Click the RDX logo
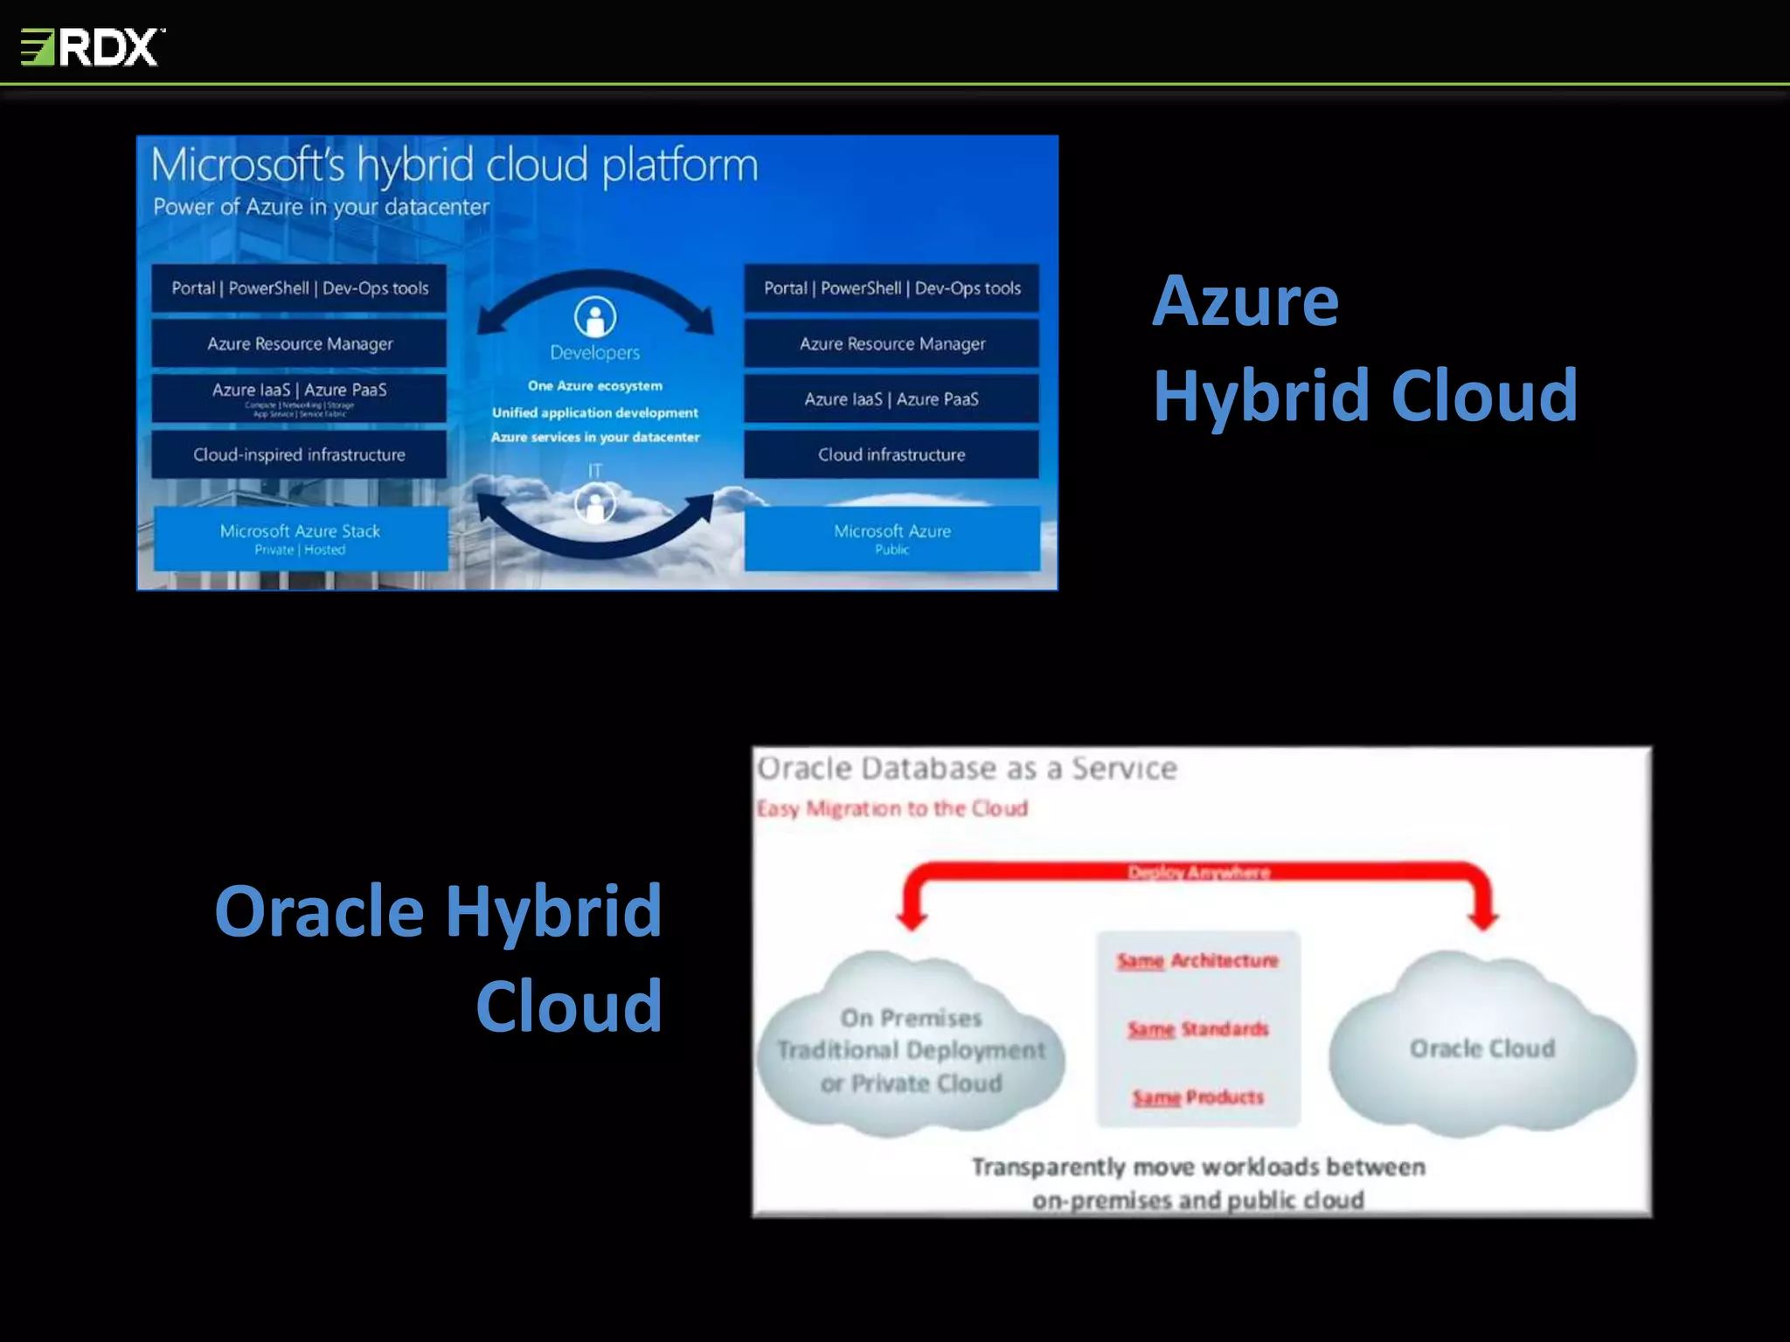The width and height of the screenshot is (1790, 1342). tap(93, 47)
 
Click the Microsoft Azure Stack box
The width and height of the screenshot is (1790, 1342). tap(300, 538)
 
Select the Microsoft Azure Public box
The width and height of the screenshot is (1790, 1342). tap(892, 538)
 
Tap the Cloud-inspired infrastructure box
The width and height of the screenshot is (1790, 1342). tap(299, 454)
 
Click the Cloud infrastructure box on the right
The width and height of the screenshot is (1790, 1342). tap(892, 454)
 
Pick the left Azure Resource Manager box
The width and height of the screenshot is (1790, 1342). tap(299, 343)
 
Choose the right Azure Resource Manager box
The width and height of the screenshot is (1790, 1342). tap(892, 343)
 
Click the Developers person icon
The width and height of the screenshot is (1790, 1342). tap(595, 317)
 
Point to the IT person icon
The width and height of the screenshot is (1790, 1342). tap(595, 504)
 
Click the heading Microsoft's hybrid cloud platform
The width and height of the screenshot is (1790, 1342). tap(454, 165)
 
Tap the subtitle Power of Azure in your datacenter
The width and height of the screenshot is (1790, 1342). tap(321, 207)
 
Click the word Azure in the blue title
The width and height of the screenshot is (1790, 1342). tap(1245, 301)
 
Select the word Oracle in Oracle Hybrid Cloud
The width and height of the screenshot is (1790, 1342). tap(319, 911)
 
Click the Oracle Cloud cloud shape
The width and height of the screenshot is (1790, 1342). tap(1482, 1048)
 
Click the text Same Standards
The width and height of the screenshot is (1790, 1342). tap(1197, 1029)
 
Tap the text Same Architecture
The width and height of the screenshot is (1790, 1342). tap(1197, 961)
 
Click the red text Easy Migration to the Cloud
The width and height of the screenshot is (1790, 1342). tap(892, 809)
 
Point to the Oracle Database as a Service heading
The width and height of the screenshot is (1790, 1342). tap(967, 769)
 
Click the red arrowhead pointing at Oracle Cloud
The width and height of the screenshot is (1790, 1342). tap(1483, 919)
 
